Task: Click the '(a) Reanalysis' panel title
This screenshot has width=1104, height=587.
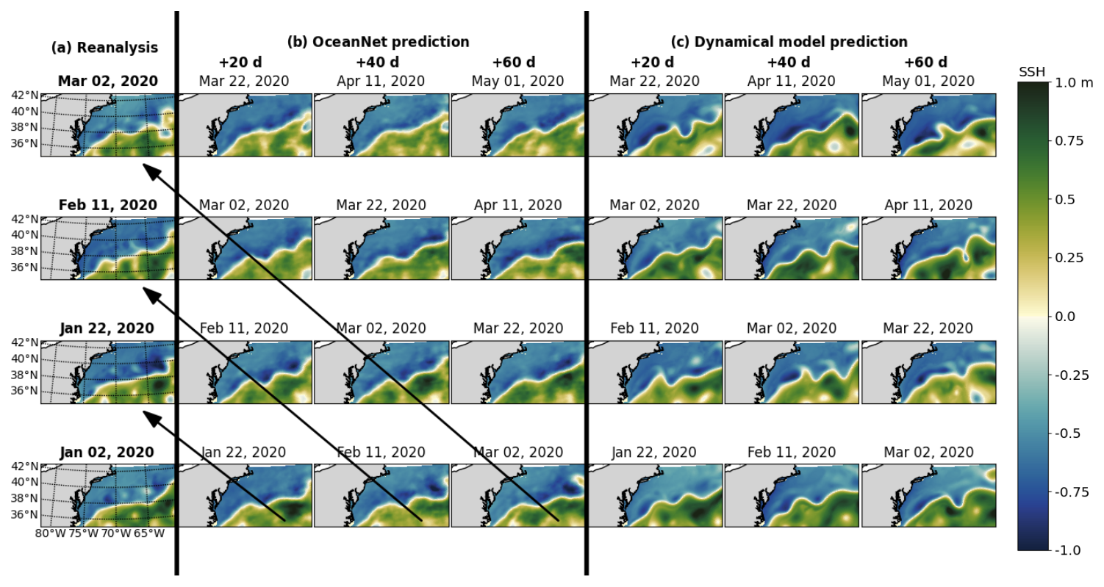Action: pos(104,48)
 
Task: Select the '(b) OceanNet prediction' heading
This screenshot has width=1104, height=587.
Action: pos(378,42)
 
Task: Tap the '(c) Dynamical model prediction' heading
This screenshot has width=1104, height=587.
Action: pos(789,42)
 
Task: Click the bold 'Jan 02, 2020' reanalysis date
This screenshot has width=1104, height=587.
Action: pos(107,453)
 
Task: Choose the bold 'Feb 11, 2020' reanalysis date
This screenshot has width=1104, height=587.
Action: pos(107,205)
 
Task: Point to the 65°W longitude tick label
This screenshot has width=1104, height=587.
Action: pos(149,533)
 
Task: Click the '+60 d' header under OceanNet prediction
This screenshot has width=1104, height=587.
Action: pos(514,62)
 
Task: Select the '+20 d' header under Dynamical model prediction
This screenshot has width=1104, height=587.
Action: pos(651,62)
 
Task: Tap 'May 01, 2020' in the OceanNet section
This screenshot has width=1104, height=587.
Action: pos(517,81)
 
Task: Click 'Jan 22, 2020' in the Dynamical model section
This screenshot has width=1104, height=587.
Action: pos(653,453)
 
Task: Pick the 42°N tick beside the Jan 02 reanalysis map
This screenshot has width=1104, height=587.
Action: pos(24,466)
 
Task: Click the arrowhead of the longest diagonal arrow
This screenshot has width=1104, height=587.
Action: pos(146,167)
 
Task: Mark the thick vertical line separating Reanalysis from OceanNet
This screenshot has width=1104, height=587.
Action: pos(176,294)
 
